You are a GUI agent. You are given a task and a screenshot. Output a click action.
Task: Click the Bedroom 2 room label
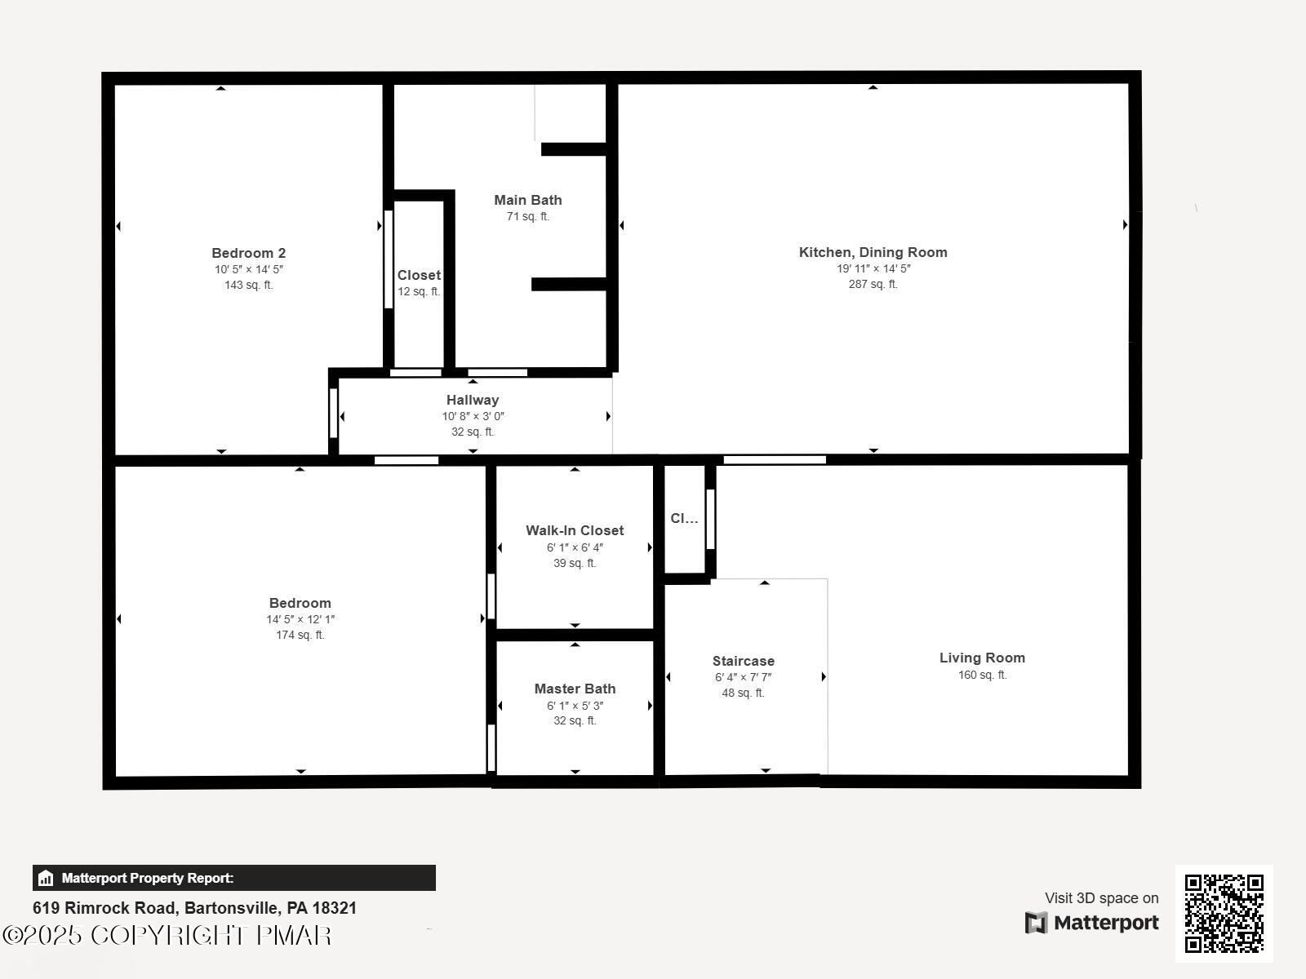248,253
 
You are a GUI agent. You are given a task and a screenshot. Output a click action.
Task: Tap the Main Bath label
527,200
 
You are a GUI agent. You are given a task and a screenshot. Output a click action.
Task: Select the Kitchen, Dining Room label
873,252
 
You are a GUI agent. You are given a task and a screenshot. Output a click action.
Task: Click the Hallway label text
472,400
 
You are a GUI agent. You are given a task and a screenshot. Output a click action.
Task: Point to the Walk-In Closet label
575,530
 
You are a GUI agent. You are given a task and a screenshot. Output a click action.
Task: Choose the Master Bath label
575,689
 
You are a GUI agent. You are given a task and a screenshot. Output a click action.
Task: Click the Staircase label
743,661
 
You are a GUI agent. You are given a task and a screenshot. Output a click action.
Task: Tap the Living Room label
982,658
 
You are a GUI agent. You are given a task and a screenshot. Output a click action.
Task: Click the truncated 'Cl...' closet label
684,518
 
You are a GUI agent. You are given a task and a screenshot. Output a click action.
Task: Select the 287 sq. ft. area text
873,284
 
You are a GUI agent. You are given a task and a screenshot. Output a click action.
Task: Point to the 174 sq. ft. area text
300,635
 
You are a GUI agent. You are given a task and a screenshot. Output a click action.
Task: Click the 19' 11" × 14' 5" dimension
873,268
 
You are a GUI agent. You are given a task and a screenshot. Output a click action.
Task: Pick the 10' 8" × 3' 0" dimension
473,416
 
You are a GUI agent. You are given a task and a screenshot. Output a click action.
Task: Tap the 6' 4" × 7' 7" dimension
743,677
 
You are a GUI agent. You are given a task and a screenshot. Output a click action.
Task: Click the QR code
1224,913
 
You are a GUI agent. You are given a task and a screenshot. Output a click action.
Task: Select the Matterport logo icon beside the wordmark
1036,923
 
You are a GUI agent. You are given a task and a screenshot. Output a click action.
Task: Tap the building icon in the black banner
46,878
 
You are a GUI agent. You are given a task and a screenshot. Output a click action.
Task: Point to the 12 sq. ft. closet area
419,291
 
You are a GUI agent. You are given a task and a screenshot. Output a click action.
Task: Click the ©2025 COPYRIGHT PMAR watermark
167,935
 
